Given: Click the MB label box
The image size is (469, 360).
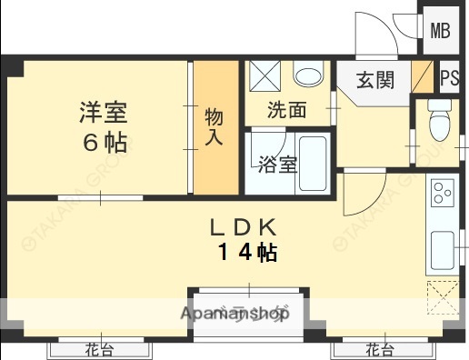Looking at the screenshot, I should click(441, 31).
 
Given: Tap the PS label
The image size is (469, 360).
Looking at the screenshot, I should click(449, 78).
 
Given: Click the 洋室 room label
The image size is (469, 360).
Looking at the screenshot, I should click(101, 114).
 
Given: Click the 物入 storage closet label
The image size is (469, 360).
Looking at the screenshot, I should click(215, 126).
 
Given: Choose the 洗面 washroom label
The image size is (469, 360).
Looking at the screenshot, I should click(285, 110).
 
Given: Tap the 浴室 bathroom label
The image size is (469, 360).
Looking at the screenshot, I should click(275, 165).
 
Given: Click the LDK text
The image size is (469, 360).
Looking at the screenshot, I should click(244, 226).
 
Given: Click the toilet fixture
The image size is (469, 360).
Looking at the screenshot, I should click(441, 123).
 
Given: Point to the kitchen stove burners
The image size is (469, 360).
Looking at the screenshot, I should click(443, 193).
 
